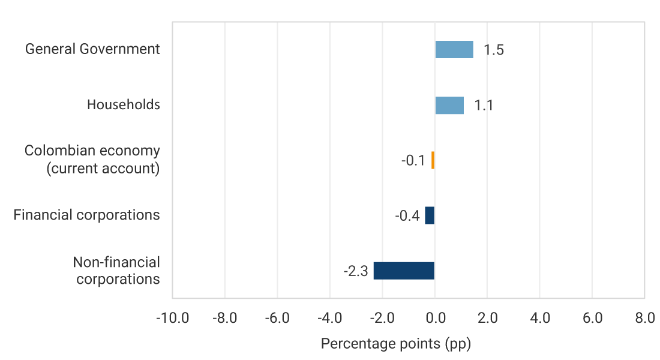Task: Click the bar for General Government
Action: coord(454,50)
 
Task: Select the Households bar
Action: coord(449,105)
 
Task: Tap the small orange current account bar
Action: coord(433,160)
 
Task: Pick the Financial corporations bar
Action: coord(430,215)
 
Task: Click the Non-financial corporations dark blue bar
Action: coord(404,271)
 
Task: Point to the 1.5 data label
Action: coord(493,50)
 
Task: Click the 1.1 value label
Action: coord(484,106)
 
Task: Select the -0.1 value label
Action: coord(413,161)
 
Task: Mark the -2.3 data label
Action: coord(355,271)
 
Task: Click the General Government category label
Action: coord(92,49)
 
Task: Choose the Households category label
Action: coord(124,105)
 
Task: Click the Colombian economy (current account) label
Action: coord(92,160)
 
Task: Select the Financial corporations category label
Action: coord(86,215)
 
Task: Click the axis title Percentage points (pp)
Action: coord(396,344)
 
